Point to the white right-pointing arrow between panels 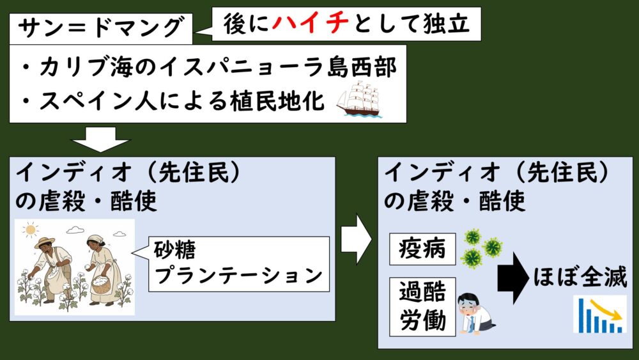356,239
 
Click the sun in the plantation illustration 29,228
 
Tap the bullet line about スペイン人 173,101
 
